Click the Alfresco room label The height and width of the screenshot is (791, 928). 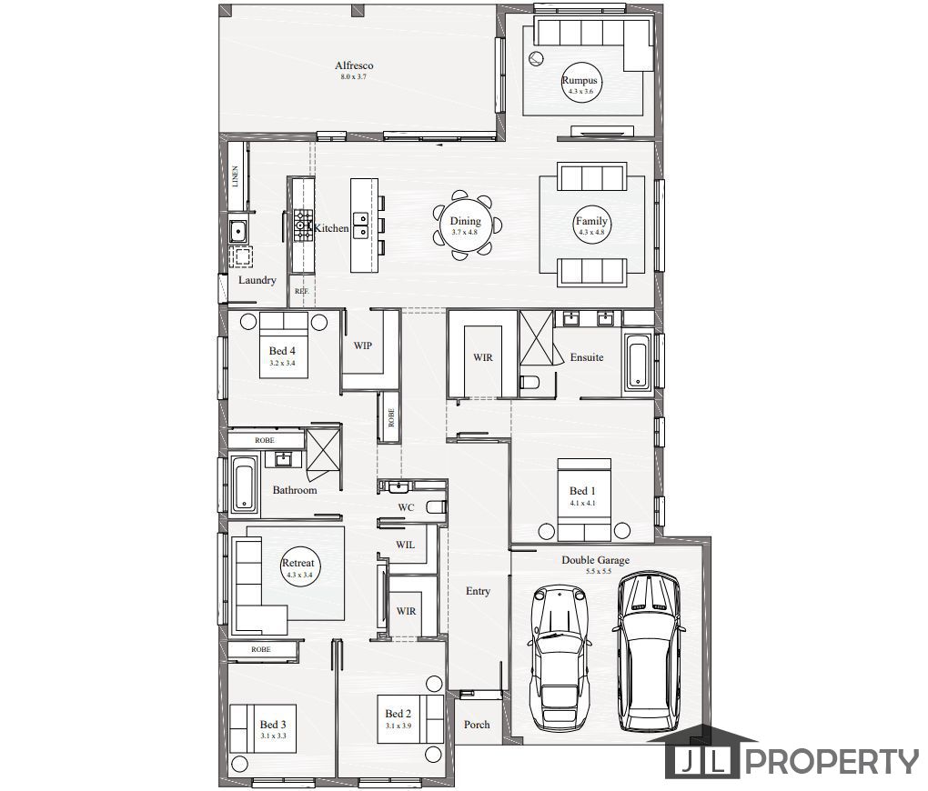click(354, 65)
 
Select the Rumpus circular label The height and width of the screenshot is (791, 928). click(580, 85)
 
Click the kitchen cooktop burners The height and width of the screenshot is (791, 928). click(302, 225)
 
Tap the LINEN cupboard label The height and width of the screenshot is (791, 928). click(236, 175)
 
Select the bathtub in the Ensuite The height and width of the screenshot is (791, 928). click(637, 364)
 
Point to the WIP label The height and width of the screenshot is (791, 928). click(362, 346)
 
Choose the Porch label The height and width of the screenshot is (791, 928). click(477, 725)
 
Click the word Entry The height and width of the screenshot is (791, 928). click(478, 591)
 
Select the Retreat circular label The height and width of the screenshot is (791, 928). click(299, 566)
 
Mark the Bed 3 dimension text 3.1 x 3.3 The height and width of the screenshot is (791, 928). click(273, 736)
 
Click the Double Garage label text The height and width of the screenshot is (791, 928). click(595, 560)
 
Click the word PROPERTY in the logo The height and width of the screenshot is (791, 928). click(833, 762)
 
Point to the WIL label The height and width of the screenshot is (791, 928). click(406, 546)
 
